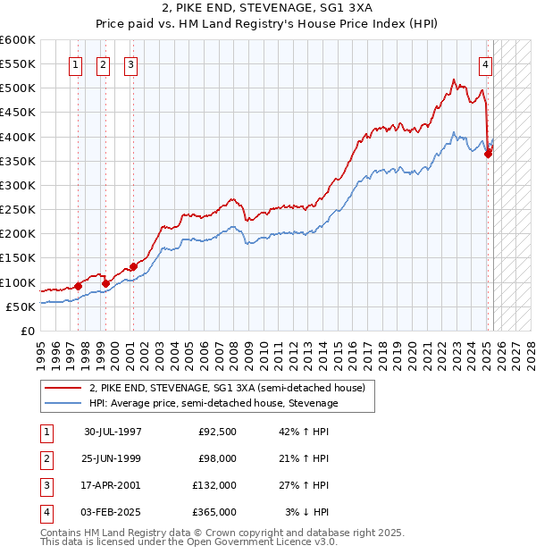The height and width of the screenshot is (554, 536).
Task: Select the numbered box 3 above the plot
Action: (130, 63)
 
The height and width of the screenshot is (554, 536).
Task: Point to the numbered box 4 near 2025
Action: (485, 63)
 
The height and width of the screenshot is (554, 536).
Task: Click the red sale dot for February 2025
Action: (489, 154)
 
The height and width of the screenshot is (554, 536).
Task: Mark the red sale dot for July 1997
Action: (78, 286)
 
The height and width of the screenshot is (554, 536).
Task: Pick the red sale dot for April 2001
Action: (133, 266)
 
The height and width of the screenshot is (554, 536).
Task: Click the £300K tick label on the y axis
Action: (18, 185)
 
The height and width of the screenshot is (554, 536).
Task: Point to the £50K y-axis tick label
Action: (21, 306)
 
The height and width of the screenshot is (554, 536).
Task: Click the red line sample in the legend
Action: (63, 389)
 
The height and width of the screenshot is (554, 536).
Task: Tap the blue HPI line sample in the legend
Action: (63, 404)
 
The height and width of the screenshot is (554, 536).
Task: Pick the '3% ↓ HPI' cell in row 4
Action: (308, 512)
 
